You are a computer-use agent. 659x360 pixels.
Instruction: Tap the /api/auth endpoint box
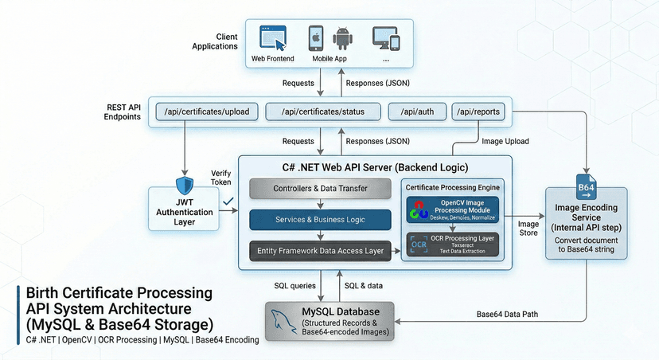(416, 112)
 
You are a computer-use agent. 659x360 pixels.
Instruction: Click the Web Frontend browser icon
(273, 38)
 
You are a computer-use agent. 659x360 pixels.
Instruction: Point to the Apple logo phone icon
(317, 38)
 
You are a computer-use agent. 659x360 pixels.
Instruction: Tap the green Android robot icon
(343, 38)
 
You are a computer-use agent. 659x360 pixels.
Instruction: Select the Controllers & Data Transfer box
(321, 189)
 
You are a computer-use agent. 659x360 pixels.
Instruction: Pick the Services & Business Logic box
(321, 220)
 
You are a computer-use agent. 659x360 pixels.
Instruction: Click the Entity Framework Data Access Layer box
(321, 251)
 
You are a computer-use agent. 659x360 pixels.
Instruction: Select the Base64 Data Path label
(506, 314)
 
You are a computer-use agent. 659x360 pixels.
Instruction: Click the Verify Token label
(220, 177)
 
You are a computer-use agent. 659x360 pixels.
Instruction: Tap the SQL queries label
(292, 284)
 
